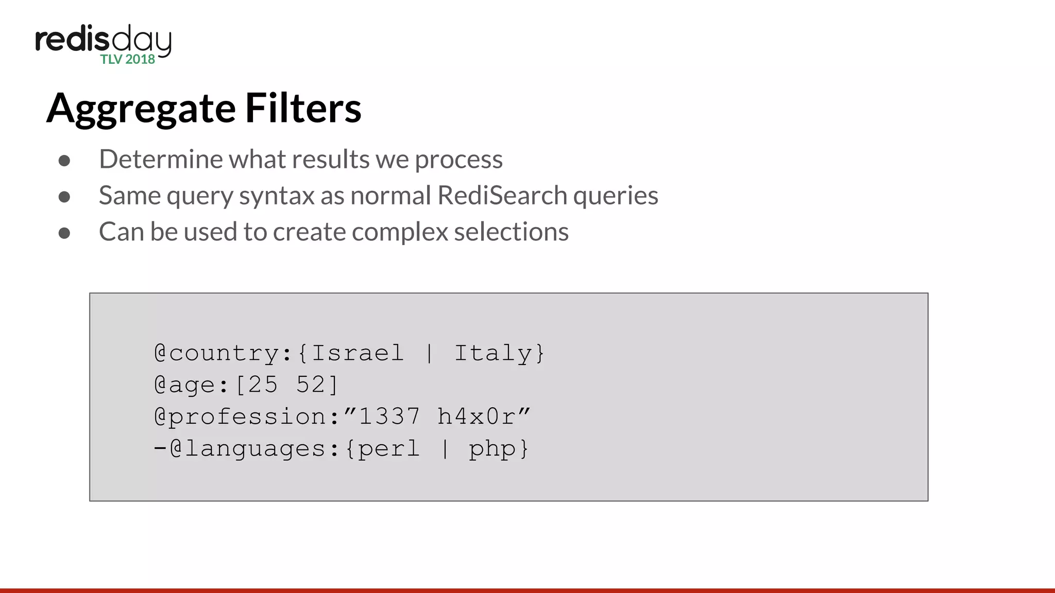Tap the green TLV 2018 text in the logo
(128, 59)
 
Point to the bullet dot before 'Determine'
(64, 161)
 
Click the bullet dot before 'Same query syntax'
(64, 197)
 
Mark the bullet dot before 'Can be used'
(64, 233)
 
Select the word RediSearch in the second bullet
(502, 196)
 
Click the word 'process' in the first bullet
(458, 160)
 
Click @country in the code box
(217, 354)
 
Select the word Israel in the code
(358, 353)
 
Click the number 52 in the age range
(310, 385)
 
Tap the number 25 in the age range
(263, 385)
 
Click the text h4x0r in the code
(476, 416)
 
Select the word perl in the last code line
(388, 449)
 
